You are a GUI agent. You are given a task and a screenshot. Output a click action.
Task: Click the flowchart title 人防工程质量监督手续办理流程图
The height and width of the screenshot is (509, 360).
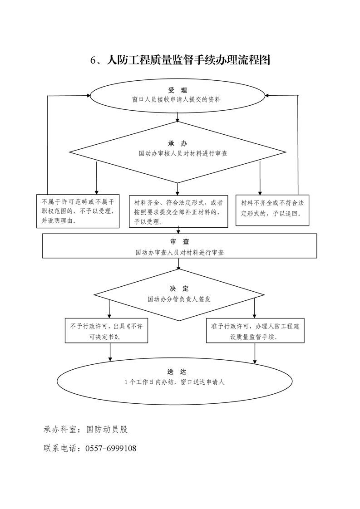point(188,60)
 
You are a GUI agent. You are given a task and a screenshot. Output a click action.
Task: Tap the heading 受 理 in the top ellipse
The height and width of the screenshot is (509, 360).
point(178,90)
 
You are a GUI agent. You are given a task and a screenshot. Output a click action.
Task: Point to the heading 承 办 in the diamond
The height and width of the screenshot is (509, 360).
point(178,143)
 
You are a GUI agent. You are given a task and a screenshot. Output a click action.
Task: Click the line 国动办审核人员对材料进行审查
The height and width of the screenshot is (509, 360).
point(183,153)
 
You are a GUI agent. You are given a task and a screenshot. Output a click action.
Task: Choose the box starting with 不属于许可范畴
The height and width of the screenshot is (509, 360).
point(78,211)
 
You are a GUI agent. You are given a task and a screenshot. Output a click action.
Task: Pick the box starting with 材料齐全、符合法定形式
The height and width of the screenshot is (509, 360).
point(178,211)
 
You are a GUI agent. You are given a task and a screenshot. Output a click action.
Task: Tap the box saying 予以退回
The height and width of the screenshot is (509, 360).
point(272,210)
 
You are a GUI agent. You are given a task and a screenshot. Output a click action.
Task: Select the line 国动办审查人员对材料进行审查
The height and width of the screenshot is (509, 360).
point(180,252)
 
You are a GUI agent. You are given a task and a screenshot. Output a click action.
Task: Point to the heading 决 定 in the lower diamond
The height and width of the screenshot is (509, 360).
point(179,289)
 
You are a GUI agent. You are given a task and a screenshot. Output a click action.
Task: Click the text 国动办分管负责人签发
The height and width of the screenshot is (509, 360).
point(179,299)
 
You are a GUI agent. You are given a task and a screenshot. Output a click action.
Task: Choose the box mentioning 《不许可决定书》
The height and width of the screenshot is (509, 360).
point(107,330)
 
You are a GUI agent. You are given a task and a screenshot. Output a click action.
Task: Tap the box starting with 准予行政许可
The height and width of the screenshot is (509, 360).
point(256,330)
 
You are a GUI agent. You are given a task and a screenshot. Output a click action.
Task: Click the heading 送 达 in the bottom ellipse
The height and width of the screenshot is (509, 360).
point(177,372)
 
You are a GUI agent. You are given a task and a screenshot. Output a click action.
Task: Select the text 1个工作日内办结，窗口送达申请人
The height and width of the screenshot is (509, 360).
point(174,382)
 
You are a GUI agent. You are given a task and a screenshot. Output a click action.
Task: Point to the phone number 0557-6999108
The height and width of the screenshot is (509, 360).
point(111,449)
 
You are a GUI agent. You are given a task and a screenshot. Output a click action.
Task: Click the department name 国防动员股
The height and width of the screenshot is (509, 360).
point(107,430)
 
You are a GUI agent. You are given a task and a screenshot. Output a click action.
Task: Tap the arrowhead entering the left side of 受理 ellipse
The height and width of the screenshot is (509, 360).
point(89,96)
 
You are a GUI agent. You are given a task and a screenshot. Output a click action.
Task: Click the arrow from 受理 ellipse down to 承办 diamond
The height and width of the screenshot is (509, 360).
point(178,117)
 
